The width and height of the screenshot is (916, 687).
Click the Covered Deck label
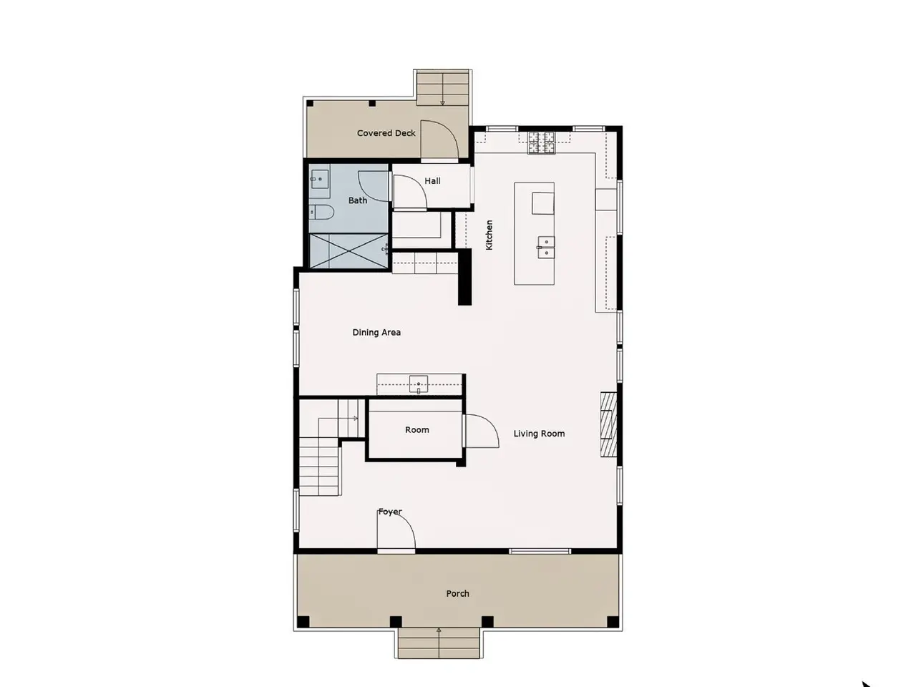(x=386, y=133)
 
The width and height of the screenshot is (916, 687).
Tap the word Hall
(x=432, y=181)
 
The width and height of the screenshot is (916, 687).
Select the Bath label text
(x=358, y=200)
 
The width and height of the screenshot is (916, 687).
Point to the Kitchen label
(x=489, y=235)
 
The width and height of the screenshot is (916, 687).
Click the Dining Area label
(x=376, y=333)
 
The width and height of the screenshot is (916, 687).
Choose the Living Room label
(x=539, y=434)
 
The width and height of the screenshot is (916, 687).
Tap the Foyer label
(x=390, y=512)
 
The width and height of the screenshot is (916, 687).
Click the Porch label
(x=457, y=593)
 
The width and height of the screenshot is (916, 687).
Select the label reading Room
(x=417, y=430)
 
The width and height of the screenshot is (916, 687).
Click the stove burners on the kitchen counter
(x=542, y=142)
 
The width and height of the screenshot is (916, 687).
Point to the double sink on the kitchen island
(x=546, y=248)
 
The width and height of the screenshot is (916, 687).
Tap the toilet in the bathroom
(x=322, y=213)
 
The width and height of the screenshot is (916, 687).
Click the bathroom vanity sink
(x=319, y=180)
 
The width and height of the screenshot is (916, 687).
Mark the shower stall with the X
(x=348, y=250)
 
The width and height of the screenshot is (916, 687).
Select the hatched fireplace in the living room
(x=608, y=424)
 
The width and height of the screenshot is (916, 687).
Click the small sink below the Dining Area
(x=419, y=384)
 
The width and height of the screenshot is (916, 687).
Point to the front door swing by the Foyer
(x=396, y=531)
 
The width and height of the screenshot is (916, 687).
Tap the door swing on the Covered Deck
(x=439, y=140)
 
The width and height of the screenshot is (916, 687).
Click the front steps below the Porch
(x=439, y=643)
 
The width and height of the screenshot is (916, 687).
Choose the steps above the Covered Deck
(x=442, y=89)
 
